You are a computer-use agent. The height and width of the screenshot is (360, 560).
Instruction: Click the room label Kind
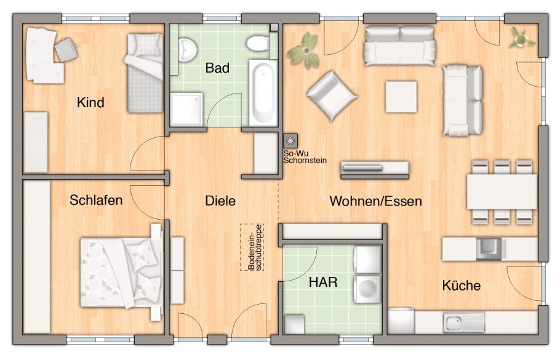coord(90,103)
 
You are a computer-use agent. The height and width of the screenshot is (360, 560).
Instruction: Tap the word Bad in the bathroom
coord(217,68)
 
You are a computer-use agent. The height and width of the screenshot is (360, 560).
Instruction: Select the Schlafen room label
coord(96,200)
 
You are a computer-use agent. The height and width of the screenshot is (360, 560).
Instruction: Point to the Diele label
coord(220,201)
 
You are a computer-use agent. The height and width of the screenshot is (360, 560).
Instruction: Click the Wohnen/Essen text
coord(376,201)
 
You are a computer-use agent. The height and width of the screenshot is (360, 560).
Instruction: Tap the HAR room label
coord(323,282)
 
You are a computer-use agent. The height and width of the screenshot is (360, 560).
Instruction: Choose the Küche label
coord(462,286)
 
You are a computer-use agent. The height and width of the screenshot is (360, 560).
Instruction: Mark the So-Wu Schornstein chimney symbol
coord(290,141)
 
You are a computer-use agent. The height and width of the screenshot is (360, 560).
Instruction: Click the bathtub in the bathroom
coord(263,93)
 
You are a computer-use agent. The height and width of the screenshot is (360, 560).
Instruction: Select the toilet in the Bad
coord(257,43)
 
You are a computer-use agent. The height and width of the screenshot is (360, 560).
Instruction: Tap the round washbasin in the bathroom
coord(188,49)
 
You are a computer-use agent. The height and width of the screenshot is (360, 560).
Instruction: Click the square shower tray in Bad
coord(186,110)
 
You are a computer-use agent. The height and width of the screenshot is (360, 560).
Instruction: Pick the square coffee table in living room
coord(401,97)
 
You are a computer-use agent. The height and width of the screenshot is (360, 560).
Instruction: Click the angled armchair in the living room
coord(332,95)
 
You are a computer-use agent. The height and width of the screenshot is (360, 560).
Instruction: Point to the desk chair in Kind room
coord(66,49)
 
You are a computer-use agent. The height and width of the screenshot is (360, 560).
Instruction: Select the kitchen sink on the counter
coord(464,322)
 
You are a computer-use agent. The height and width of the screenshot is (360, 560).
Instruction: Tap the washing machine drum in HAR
coord(368,289)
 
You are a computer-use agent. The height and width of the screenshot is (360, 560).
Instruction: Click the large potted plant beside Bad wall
coord(304,50)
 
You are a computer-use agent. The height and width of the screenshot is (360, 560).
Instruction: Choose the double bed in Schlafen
coord(121,272)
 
